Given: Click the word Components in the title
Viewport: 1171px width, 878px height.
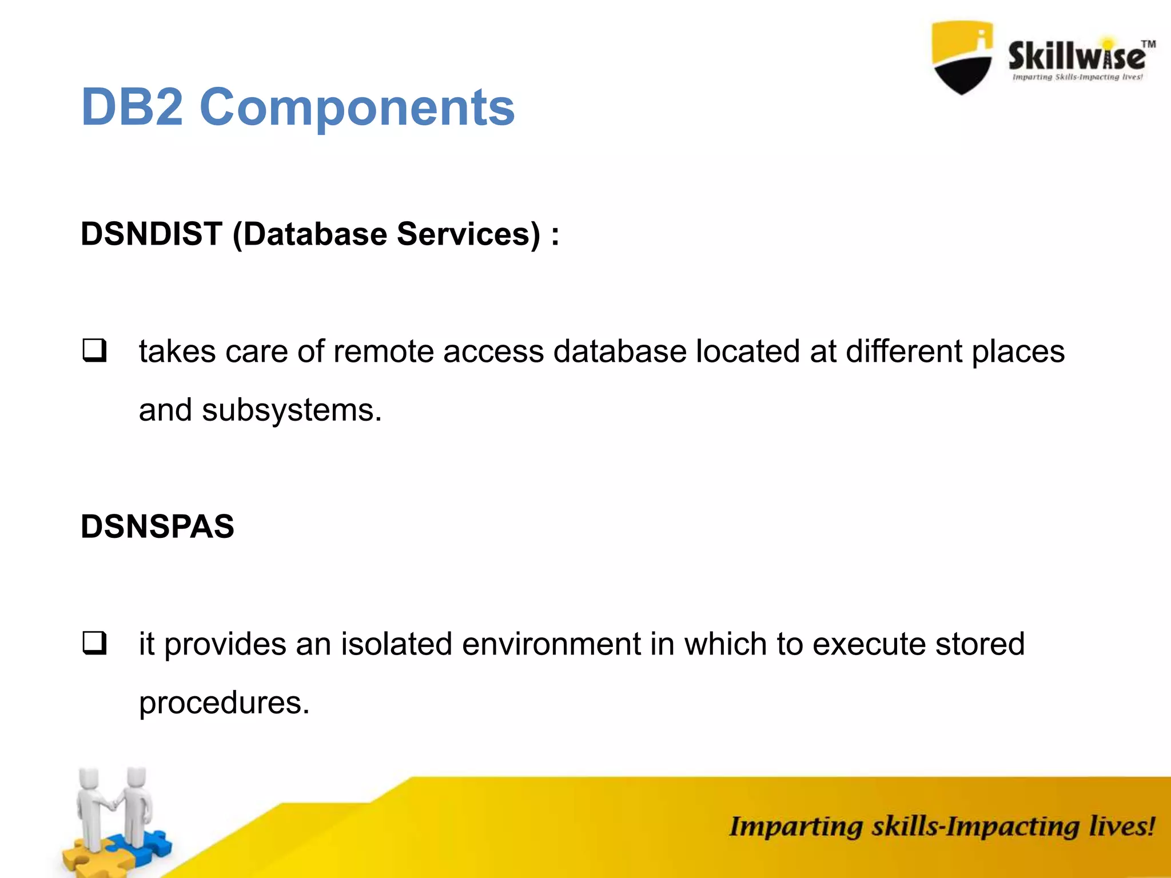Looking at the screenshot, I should click(x=357, y=107).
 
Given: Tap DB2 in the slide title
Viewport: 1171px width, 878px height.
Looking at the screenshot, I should click(x=132, y=107).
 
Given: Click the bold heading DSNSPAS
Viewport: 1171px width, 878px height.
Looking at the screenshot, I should click(x=157, y=526).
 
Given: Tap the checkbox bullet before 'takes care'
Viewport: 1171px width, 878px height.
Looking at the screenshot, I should click(x=94, y=350).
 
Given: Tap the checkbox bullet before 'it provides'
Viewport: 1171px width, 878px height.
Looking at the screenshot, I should click(x=94, y=643).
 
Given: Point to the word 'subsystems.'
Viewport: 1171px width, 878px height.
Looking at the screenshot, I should click(x=292, y=410).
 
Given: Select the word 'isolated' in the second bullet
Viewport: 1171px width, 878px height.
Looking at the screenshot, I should click(x=397, y=644).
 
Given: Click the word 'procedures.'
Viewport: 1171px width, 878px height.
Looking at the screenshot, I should click(x=224, y=703).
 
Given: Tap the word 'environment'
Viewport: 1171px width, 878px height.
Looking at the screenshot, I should click(x=551, y=644).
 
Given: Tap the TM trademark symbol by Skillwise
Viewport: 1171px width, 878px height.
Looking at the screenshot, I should click(x=1148, y=44).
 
